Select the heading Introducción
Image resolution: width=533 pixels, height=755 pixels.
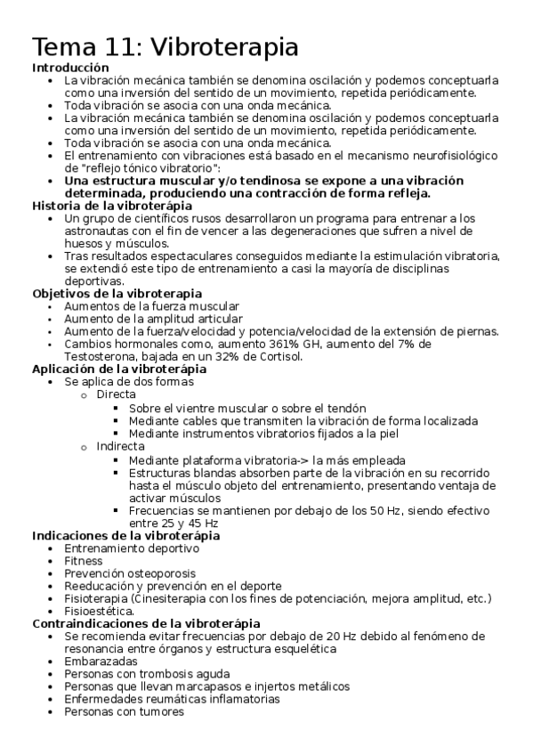[71, 68]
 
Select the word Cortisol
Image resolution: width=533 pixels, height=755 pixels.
[276, 356]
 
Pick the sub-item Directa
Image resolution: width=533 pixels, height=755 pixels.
[116, 394]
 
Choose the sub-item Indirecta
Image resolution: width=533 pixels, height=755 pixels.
[120, 446]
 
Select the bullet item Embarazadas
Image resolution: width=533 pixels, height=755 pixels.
[101, 662]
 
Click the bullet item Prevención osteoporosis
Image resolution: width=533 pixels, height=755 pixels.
[130, 573]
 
